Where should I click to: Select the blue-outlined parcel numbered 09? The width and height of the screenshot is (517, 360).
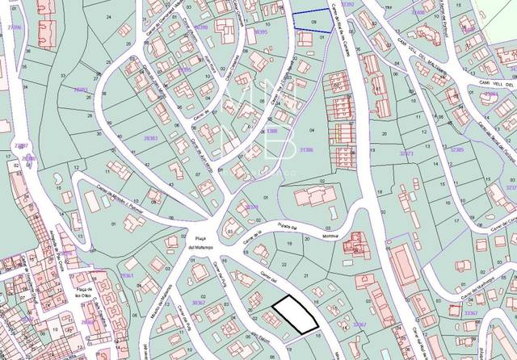click(311, 20)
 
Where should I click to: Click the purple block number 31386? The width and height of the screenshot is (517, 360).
click(305, 149)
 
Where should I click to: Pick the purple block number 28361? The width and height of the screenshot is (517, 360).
click(125, 275)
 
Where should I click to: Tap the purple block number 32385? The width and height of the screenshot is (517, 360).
click(457, 149)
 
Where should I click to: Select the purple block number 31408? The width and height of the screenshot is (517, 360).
click(418, 13)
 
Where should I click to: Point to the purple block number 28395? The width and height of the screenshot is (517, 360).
click(184, 69)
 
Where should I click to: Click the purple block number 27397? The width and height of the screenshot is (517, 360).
click(21, 145)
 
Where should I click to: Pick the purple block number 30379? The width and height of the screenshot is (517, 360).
click(252, 207)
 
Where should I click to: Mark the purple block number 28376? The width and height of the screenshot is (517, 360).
click(65, 253)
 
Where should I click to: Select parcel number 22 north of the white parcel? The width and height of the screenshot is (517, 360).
click(283, 264)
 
